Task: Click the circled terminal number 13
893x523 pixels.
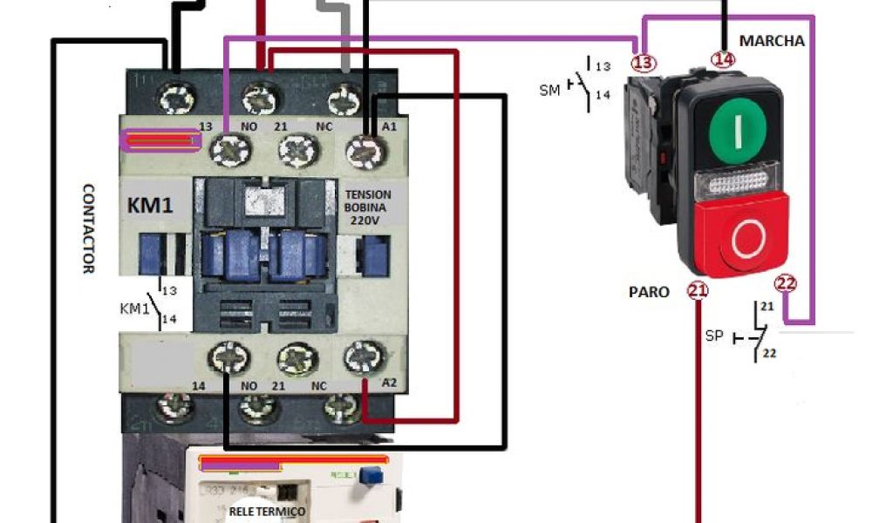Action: [x=643, y=62]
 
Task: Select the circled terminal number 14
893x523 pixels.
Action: [x=723, y=59]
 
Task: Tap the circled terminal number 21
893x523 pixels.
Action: [x=698, y=291]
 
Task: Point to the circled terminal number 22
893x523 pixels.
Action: [x=786, y=282]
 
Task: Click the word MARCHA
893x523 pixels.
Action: [x=772, y=41]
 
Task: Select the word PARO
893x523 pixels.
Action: [x=649, y=292]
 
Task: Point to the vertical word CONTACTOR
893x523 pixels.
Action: [x=88, y=228]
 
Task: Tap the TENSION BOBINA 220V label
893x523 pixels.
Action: [x=368, y=207]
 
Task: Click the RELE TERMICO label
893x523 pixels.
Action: [x=267, y=511]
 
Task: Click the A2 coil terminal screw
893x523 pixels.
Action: [x=364, y=356]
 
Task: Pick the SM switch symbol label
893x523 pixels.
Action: [x=549, y=88]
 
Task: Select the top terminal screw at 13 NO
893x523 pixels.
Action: [x=230, y=150]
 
